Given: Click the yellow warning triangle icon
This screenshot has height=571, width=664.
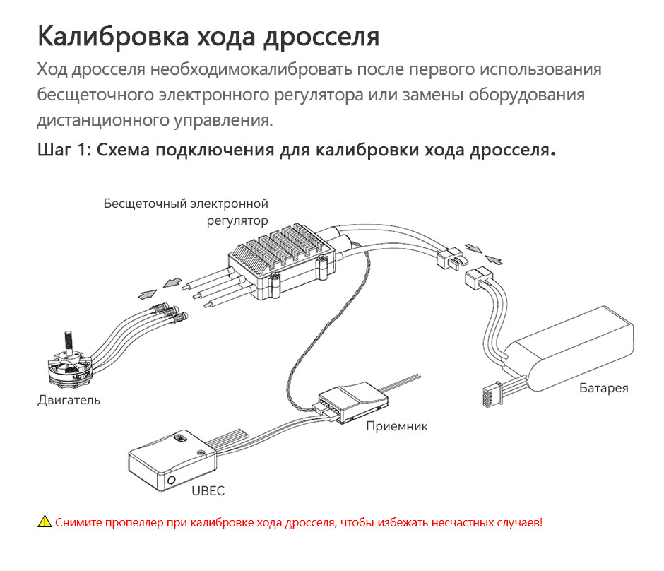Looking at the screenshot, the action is (x=45, y=522).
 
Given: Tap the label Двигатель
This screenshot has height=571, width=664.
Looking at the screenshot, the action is (x=69, y=400).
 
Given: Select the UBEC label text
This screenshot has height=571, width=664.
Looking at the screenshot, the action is (x=208, y=491).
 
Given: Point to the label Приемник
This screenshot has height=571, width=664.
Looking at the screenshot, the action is (x=397, y=426).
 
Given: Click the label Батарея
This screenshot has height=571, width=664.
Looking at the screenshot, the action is (x=603, y=388).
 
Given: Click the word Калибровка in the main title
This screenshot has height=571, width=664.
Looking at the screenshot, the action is (x=113, y=37).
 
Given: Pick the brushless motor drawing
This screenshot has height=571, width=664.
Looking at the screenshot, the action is (x=71, y=360).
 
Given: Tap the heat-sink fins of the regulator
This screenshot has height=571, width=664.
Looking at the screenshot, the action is (x=280, y=246).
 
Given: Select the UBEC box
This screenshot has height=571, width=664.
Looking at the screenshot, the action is (x=172, y=461).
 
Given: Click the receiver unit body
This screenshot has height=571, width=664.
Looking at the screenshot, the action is (x=352, y=401).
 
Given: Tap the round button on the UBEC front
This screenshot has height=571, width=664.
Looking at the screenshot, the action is (x=172, y=481).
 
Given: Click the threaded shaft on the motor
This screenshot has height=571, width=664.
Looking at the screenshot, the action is (x=68, y=341).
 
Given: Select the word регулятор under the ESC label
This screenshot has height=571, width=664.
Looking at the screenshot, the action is (x=237, y=221).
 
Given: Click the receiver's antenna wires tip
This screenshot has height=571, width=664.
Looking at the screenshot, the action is (x=418, y=375).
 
